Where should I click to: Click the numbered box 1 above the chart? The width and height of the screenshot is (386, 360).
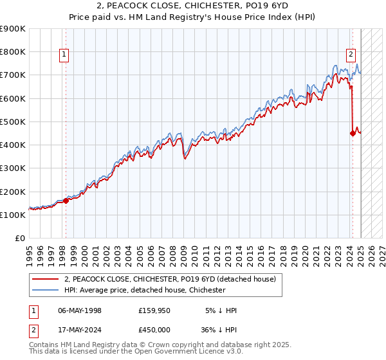click(x=65, y=55)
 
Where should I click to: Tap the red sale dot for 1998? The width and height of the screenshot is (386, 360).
click(x=66, y=201)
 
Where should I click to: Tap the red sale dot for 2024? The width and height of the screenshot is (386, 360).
click(x=353, y=133)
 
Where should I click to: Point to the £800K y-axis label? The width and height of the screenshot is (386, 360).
click(x=13, y=52)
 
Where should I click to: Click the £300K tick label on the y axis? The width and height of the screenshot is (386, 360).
click(x=13, y=168)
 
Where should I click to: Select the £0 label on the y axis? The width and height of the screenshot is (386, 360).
click(x=20, y=239)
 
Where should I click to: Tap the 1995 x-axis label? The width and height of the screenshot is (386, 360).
click(x=30, y=251)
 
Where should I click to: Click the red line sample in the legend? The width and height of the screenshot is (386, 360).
click(x=46, y=279)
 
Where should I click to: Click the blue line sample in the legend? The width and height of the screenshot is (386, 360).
click(x=46, y=290)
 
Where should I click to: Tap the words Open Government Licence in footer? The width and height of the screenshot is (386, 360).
click(x=174, y=352)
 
